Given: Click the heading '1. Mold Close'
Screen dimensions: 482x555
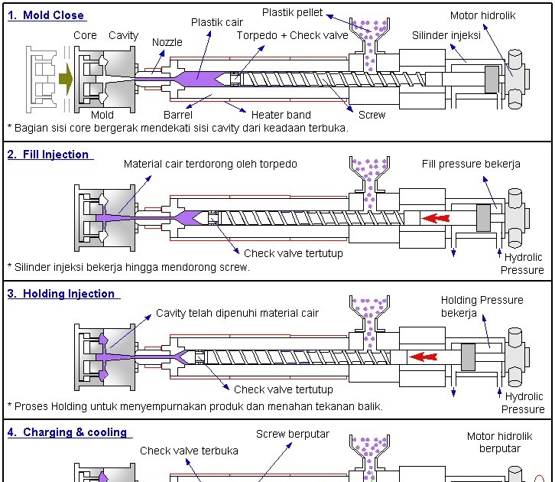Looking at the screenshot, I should click(46, 15).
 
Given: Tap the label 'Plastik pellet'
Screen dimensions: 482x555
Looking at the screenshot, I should click(293, 12).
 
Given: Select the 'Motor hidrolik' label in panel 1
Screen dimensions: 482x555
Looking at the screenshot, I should click(482, 15).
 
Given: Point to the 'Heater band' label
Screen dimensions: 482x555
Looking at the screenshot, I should click(281, 115).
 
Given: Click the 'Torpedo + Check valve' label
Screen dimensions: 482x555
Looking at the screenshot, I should click(292, 35).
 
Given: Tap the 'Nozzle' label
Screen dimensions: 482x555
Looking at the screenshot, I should click(167, 42).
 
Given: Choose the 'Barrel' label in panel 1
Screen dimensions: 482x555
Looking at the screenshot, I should click(178, 115).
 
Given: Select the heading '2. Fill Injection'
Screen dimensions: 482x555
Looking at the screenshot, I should click(48, 155).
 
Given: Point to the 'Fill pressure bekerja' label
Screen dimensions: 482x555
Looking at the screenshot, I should click(471, 164).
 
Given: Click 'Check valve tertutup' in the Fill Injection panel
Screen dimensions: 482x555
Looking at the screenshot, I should click(294, 253).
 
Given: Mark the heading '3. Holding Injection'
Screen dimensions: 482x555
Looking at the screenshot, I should click(61, 294).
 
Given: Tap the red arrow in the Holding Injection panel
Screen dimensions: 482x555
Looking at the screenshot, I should click(423, 357).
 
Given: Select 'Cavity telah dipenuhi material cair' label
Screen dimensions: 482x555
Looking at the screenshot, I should click(237, 313).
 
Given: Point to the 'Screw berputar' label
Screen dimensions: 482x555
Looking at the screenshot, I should click(293, 434).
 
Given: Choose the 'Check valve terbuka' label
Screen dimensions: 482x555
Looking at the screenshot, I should click(189, 451).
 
